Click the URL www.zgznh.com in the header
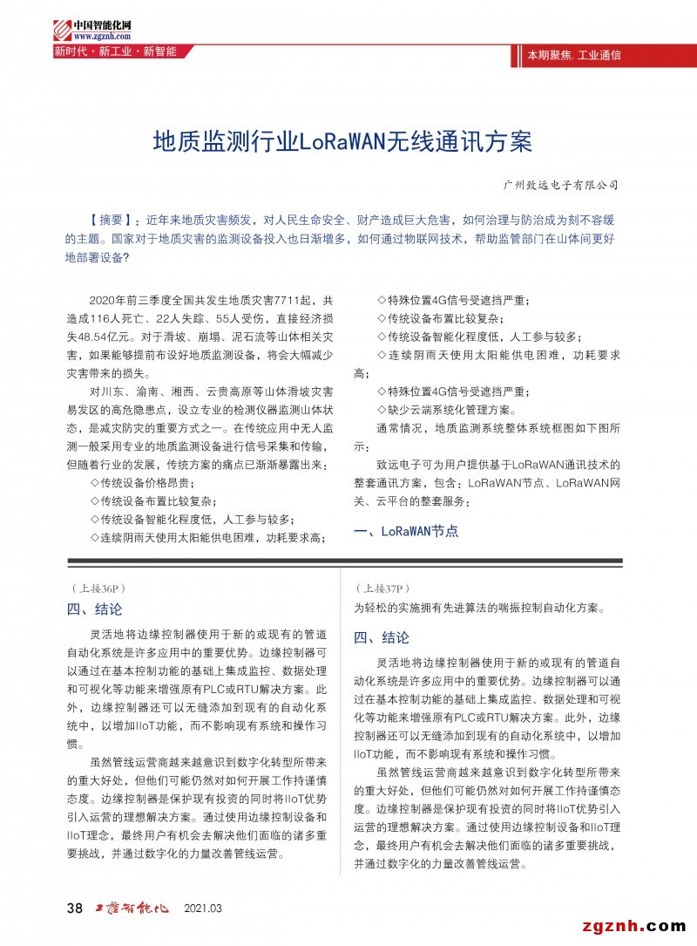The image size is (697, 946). [x=102, y=37]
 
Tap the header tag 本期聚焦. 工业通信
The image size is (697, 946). [x=574, y=55]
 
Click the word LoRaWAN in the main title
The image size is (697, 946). [x=348, y=141]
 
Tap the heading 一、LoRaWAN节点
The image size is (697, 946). [x=406, y=531]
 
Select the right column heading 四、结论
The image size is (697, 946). [x=382, y=637]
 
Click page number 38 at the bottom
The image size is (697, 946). [x=75, y=909]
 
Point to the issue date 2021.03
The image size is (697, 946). [x=203, y=909]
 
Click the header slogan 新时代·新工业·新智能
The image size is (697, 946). [x=116, y=51]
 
